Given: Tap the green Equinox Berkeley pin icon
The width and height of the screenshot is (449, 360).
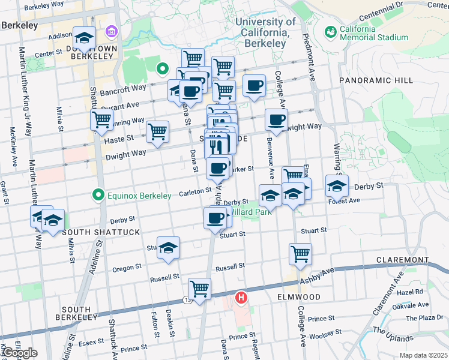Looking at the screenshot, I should click(97, 194).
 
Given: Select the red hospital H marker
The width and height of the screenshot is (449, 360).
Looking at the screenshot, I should click(241, 297).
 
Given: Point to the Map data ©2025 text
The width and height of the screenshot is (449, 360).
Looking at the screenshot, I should click(424, 355).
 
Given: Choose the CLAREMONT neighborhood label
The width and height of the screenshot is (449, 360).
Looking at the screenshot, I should click(402, 260).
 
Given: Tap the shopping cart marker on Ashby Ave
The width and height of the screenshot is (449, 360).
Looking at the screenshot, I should click(199, 288).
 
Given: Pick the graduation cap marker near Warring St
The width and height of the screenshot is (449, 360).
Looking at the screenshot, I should click(337, 185).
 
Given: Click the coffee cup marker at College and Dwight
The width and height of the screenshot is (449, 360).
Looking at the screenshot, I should click(276, 119).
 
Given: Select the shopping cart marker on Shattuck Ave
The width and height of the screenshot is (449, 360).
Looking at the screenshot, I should click(101, 119).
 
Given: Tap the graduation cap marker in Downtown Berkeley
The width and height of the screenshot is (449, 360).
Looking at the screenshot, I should click(84, 38).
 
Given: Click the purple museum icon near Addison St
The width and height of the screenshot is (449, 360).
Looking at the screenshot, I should click(111, 31).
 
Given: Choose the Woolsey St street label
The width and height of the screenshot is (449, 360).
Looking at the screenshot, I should click(325, 331).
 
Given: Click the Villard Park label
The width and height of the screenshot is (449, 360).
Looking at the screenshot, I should click(245, 211).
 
